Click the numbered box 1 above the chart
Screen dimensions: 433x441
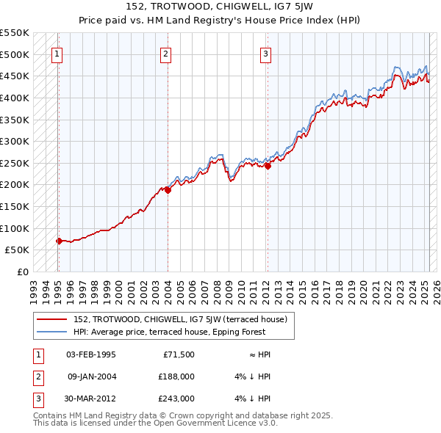(x=57, y=53)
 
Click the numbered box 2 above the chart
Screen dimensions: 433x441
(x=166, y=53)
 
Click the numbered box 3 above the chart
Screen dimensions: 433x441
(x=265, y=53)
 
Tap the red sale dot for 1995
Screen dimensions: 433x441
(x=59, y=240)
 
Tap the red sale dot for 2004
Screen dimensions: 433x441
(x=168, y=189)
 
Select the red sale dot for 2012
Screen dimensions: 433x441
(x=268, y=166)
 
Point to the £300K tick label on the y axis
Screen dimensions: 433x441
(x=15, y=141)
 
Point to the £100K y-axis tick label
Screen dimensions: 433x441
(x=15, y=228)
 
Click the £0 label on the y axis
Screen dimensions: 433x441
(x=22, y=272)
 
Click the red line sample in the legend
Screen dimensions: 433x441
(x=53, y=319)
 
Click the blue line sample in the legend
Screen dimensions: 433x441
(x=53, y=331)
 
